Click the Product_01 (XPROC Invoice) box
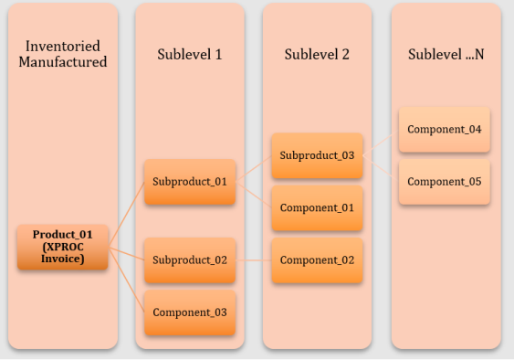point(63,247)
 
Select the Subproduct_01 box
point(190,182)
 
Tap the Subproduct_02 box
point(190,260)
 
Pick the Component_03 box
point(190,312)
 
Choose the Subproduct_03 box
point(318,155)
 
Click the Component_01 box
point(318,208)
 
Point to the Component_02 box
point(318,260)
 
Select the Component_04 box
point(445,130)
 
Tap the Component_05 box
point(445,182)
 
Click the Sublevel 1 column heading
point(190,54)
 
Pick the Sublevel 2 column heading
point(317,54)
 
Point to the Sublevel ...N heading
point(446,54)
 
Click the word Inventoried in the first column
point(63,46)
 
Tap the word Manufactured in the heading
point(63,62)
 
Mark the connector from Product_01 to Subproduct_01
point(126,215)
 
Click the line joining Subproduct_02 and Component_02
point(254,260)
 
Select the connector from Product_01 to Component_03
point(126,280)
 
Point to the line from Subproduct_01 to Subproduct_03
point(254,169)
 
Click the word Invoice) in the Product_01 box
point(63,259)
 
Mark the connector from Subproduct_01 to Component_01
point(254,195)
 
